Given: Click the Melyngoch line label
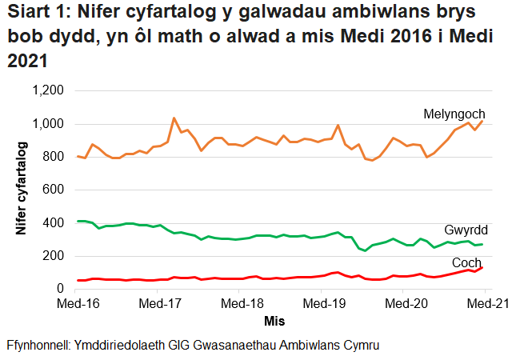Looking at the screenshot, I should coord(454,114).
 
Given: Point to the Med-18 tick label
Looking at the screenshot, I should coord(242,304).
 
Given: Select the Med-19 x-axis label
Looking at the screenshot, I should coord(323,304).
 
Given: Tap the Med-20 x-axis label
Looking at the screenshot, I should coord(405,304).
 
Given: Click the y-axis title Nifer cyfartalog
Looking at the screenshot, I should coord(22,190).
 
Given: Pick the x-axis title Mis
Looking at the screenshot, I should coord(274,321).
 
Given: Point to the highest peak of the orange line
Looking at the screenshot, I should coord(174,118).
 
